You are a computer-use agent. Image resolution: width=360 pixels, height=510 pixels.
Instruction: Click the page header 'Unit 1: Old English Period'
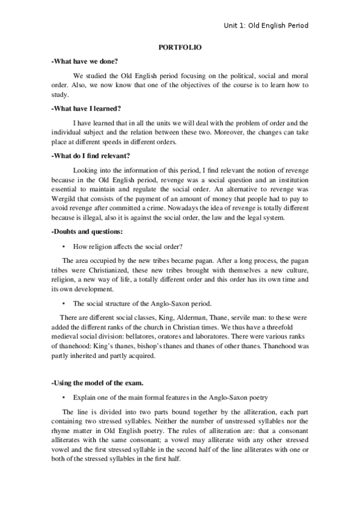pos(266,26)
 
